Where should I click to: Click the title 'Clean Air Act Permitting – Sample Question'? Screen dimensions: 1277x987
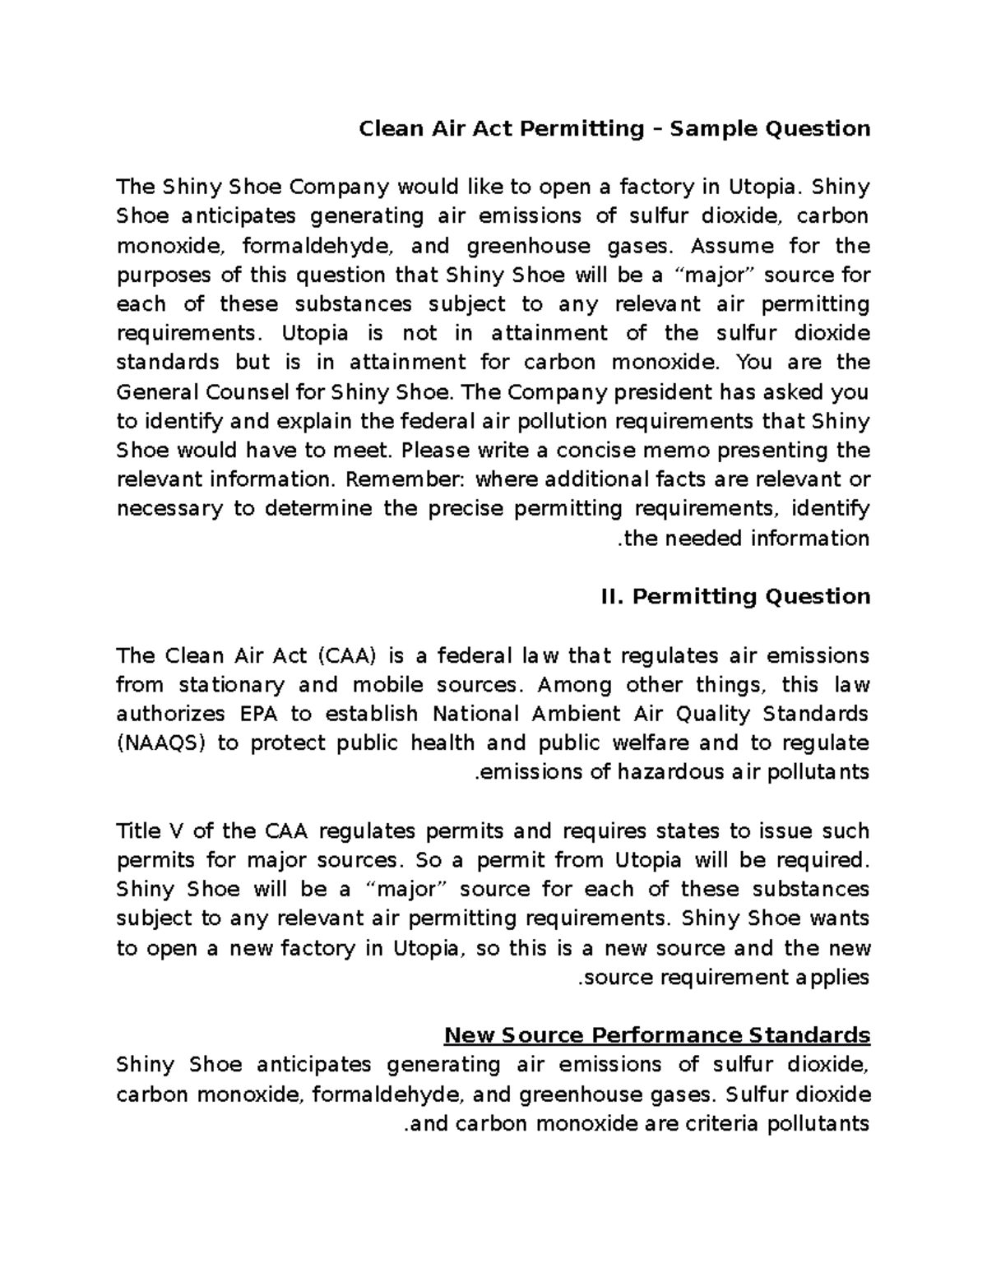(614, 129)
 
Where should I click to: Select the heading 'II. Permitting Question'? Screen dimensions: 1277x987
(736, 596)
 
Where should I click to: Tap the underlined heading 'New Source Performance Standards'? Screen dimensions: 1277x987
(656, 1035)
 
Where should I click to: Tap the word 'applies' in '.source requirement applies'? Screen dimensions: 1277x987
(831, 978)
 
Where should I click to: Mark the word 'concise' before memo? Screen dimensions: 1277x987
(595, 451)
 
